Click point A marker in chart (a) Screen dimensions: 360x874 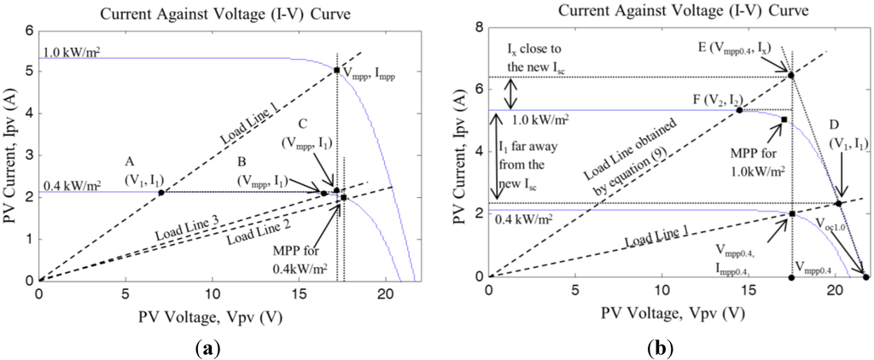click(x=161, y=192)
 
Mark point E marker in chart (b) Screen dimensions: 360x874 click(x=791, y=75)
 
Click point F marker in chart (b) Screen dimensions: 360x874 click(x=739, y=110)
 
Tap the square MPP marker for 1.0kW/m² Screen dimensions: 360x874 click(x=784, y=119)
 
